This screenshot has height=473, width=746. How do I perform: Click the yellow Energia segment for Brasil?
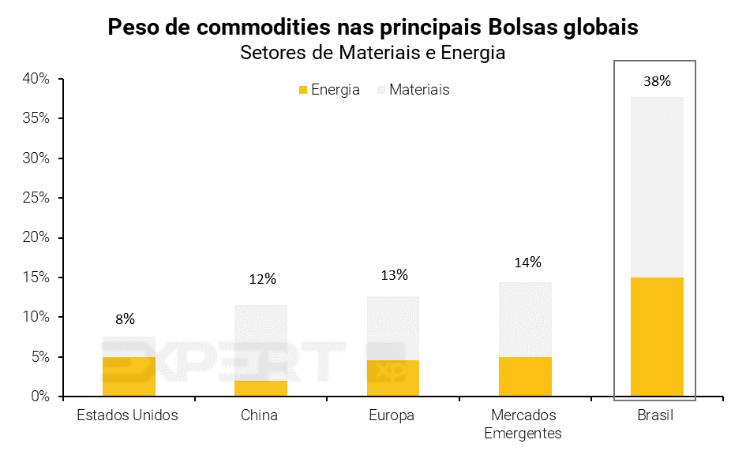657,337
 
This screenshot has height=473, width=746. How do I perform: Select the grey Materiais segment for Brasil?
657,187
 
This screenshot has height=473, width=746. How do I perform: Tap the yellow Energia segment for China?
261,388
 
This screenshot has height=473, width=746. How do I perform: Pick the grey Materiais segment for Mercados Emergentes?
525,319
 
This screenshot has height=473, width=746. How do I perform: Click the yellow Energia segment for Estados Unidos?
129,377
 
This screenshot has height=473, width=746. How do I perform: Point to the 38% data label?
657,80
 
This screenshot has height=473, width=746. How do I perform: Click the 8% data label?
125,318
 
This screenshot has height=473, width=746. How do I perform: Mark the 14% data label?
527,262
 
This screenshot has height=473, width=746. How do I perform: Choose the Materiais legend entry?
413,90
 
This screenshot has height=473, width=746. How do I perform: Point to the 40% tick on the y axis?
36,79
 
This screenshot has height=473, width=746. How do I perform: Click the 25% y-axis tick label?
36,198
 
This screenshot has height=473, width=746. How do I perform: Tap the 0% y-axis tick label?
40,397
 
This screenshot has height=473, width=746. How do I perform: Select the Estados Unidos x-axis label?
127,415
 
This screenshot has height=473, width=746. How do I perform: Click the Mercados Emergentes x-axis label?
523,424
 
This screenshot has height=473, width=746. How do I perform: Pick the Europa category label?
392,415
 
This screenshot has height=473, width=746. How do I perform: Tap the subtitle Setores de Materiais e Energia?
373,54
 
